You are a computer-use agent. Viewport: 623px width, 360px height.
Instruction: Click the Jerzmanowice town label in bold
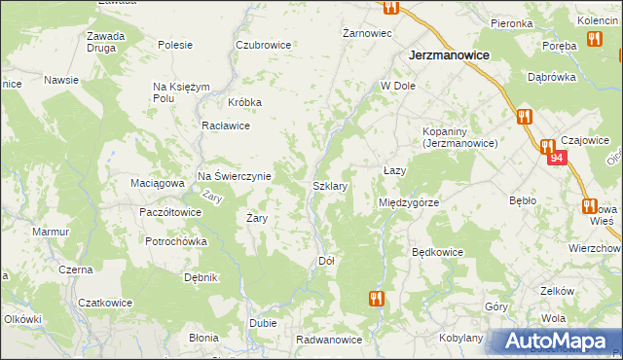(x=449, y=56)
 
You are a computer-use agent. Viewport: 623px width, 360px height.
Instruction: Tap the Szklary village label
(x=330, y=184)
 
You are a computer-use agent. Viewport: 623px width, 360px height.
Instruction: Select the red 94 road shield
(x=556, y=157)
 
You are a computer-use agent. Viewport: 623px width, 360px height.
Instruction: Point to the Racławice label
(x=226, y=126)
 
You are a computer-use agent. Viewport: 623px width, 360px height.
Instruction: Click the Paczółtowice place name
(x=170, y=211)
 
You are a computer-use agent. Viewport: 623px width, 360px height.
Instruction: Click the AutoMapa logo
(x=556, y=342)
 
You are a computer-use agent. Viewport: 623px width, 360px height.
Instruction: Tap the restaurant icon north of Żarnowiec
(x=390, y=7)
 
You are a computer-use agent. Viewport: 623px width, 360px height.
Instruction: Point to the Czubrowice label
(x=264, y=45)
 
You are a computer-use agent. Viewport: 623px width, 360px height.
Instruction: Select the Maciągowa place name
(x=157, y=182)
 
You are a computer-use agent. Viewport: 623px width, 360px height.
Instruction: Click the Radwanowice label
(x=329, y=340)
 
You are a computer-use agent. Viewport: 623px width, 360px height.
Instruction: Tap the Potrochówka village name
(x=176, y=241)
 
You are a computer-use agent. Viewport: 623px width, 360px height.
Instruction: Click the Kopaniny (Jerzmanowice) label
(x=459, y=137)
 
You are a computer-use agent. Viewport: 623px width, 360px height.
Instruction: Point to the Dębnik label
(x=200, y=277)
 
